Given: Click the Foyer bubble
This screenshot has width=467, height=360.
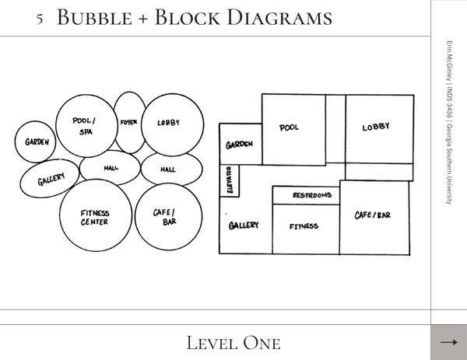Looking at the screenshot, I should (129, 122).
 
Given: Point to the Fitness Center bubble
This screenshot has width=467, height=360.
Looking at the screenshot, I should (95, 217).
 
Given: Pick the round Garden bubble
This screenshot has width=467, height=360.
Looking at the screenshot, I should (36, 142).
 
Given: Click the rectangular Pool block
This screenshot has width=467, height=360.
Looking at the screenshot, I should (293, 128).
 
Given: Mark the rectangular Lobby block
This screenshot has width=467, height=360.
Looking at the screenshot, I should (378, 128).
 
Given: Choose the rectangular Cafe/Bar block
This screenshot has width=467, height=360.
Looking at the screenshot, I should (374, 217).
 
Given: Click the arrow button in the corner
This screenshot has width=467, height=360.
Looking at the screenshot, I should (448, 342).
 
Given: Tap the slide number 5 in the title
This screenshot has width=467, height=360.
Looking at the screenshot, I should (40, 18).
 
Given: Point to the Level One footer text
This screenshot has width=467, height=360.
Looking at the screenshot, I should (233, 342).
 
